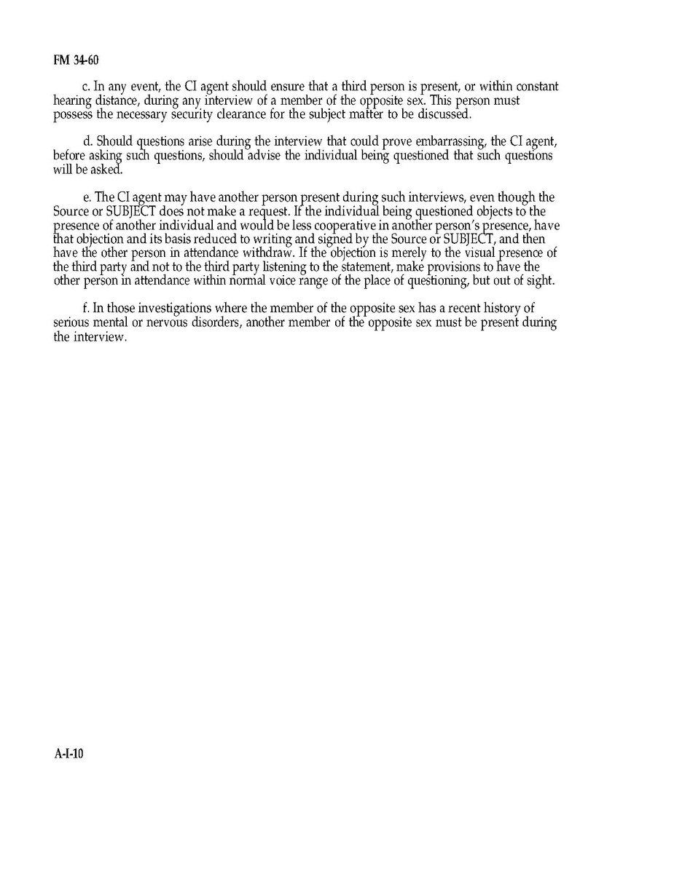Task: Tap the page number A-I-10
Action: pos(69,754)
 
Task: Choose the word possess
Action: pos(73,114)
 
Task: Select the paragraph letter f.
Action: pos(86,308)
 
